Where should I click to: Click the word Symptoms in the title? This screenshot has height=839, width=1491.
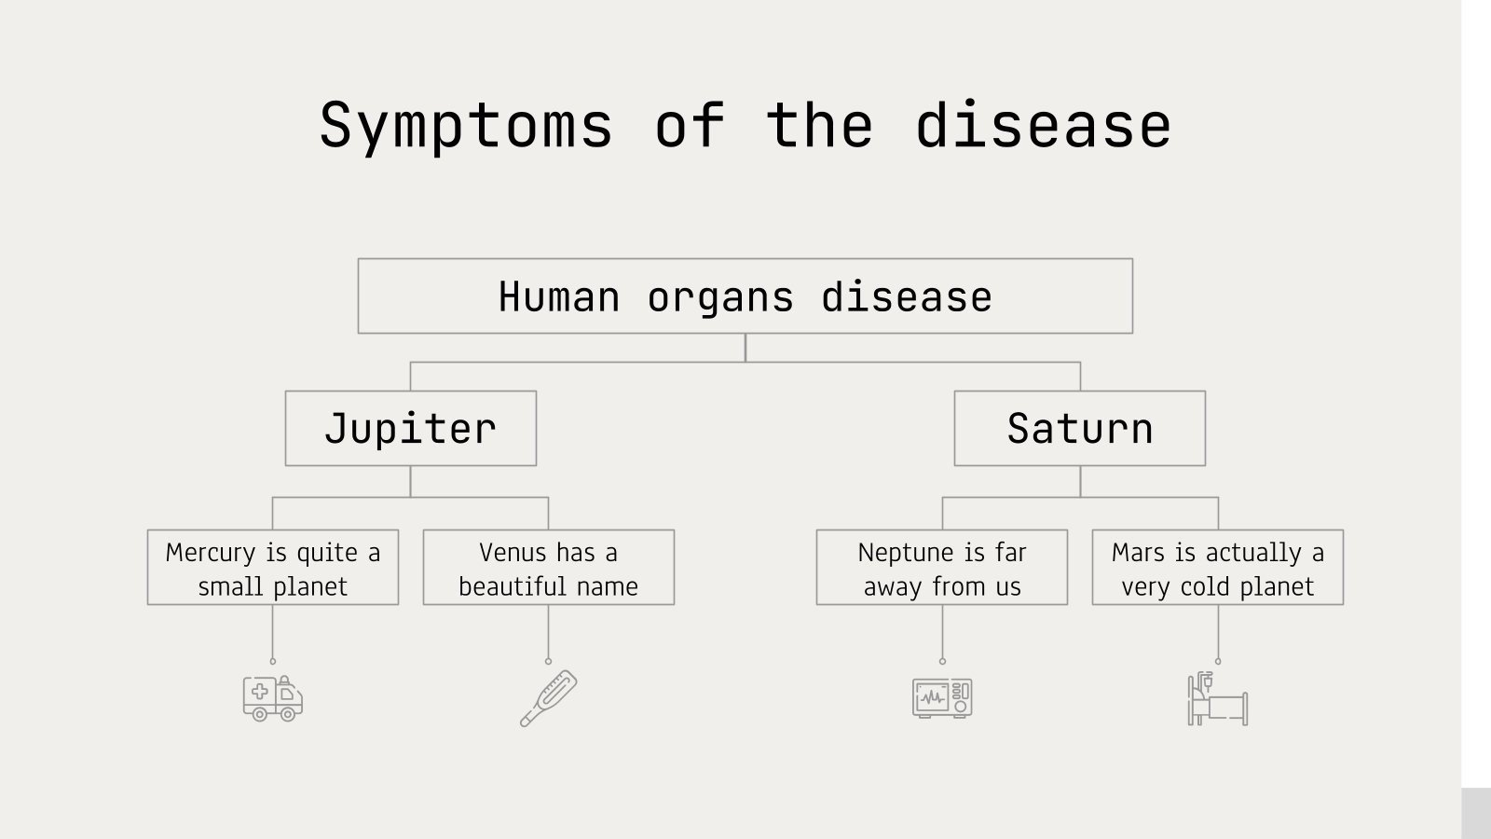466,126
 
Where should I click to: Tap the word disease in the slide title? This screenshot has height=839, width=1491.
1043,126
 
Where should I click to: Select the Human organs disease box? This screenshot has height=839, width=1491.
745,296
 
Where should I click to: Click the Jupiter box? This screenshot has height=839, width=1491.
410,429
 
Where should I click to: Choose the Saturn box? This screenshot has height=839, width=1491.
1079,429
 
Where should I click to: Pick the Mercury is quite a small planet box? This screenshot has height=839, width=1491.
272,568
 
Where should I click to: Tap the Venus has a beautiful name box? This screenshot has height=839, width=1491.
548,568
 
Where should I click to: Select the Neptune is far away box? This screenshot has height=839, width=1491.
941,568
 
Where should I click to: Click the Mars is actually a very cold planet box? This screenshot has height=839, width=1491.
1217,568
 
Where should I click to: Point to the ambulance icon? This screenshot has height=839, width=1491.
272,698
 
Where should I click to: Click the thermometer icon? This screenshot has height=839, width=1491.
548,698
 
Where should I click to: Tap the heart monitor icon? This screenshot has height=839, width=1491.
942,697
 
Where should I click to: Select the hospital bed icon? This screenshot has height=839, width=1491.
1217,699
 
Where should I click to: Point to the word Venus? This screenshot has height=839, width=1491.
512,553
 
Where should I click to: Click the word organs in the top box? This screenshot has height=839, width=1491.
720,297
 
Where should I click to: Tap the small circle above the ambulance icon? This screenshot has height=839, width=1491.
272,661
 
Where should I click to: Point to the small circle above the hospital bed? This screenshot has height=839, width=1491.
1217,661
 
